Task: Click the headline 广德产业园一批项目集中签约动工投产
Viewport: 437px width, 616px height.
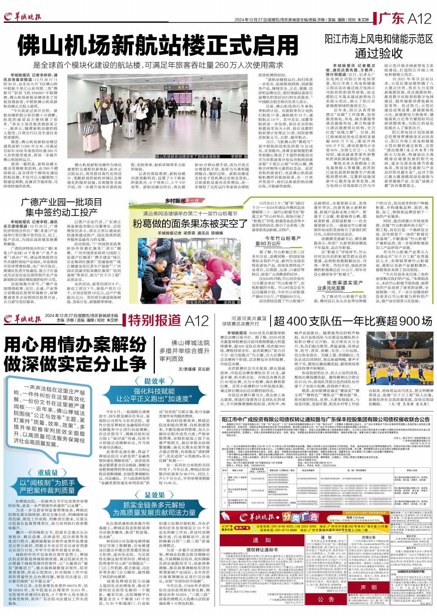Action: point(60,207)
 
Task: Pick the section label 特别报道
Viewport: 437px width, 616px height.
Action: point(151,320)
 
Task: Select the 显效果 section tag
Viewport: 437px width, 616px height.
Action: point(154,494)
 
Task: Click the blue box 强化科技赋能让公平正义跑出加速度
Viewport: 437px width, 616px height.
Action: point(154,395)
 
